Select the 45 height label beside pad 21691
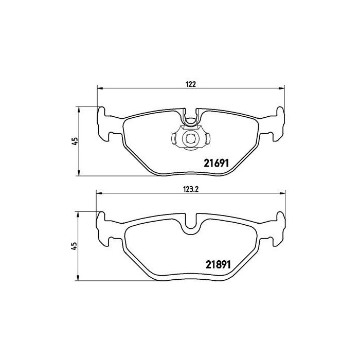click(x=75, y=141)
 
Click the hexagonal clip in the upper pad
click(x=190, y=138)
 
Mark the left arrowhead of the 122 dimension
click(x=100, y=88)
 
